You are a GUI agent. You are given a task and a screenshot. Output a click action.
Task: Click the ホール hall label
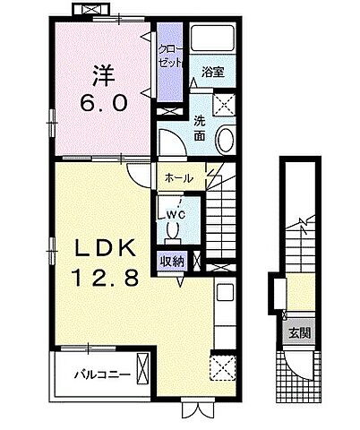(x=177, y=178)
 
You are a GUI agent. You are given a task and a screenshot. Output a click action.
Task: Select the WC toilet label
(x=175, y=216)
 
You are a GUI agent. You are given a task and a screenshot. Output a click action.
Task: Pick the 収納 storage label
(x=174, y=262)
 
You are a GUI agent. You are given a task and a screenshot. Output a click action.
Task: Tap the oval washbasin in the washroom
(x=227, y=141)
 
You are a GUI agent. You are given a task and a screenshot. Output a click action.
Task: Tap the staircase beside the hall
(x=224, y=215)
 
